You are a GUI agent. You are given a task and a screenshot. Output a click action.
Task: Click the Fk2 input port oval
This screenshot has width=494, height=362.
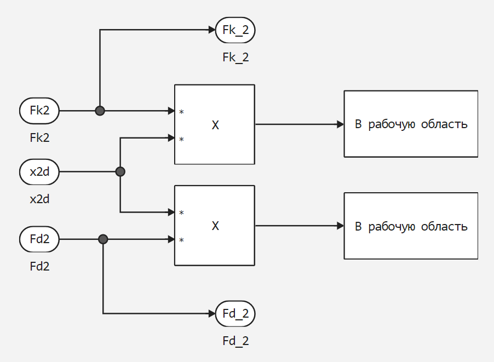[39, 111]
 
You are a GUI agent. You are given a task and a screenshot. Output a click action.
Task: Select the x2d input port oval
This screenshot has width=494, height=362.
[39, 171]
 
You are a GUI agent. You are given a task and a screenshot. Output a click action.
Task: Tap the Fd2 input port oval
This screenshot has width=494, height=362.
[39, 239]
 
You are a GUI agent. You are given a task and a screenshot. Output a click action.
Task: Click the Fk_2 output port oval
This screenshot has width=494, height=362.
[235, 30]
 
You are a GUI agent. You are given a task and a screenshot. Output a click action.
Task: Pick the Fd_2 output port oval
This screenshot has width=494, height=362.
[235, 314]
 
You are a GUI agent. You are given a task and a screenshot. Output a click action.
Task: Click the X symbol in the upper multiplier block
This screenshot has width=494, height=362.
[215, 125]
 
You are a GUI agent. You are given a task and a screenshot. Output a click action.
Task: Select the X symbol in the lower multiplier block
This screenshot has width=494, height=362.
[215, 226]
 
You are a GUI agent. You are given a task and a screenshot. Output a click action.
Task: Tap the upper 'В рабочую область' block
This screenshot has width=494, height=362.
[411, 124]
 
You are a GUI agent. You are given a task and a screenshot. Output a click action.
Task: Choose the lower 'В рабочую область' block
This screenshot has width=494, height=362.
[411, 226]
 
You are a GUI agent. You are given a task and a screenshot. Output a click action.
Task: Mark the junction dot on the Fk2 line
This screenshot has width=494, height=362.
[100, 111]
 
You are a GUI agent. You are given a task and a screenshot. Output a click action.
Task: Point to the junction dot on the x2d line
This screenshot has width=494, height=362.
[120, 171]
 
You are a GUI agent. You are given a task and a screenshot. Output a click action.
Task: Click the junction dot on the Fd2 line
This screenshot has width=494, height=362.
[103, 239]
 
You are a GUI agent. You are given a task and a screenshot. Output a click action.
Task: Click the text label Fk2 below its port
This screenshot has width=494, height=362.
[39, 137]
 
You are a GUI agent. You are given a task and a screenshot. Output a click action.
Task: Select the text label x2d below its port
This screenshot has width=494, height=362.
[39, 199]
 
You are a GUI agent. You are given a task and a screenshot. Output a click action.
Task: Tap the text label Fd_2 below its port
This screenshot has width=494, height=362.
[235, 341]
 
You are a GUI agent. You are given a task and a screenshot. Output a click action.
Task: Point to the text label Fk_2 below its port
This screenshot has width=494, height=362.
[235, 57]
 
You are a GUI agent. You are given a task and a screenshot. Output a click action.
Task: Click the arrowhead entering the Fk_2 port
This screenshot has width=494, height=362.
[212, 30]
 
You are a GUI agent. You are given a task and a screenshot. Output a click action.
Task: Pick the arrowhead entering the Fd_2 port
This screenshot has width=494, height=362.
[212, 314]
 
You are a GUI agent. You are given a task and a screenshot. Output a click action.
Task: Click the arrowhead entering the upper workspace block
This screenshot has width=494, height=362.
[340, 124]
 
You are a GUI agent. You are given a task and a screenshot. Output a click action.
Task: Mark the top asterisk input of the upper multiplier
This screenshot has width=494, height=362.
[181, 112]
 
